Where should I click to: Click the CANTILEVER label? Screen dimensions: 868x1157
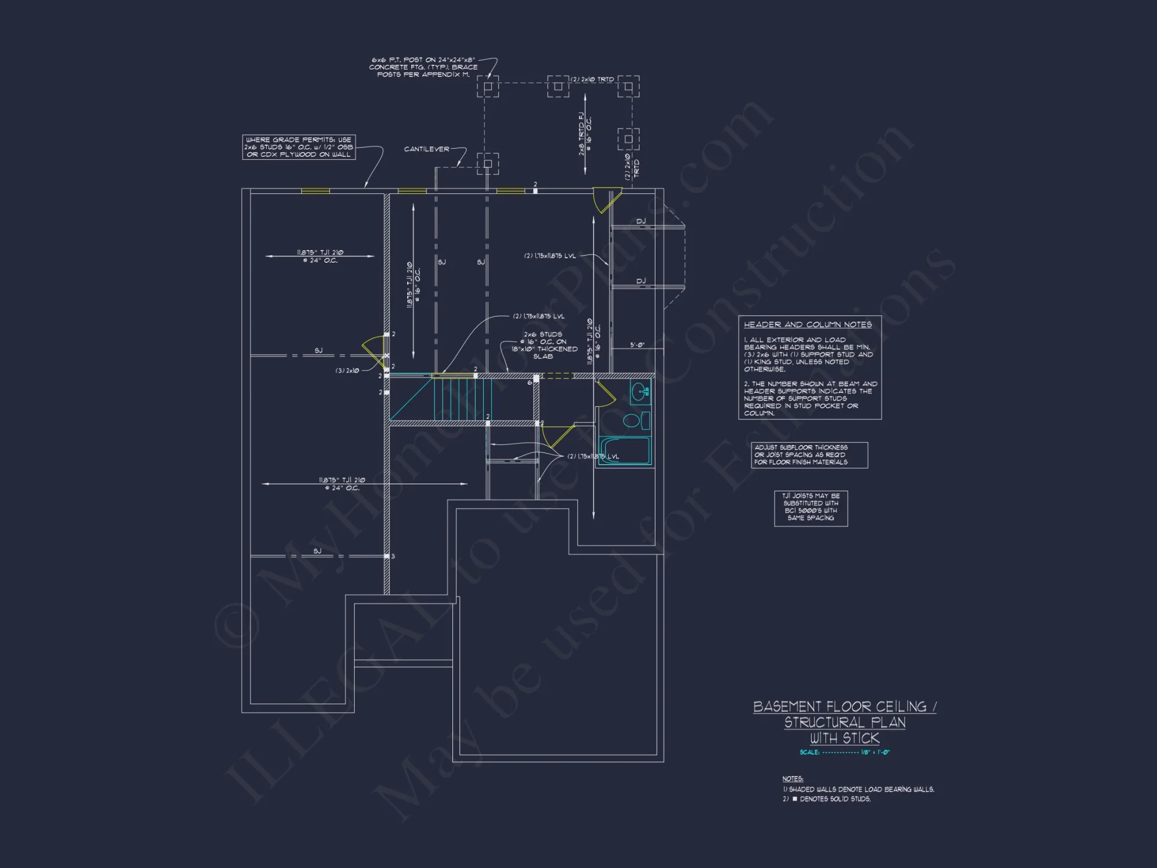click(x=426, y=149)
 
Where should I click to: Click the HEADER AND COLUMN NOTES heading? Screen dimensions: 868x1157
click(x=808, y=325)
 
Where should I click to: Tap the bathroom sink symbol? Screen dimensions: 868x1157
click(x=640, y=392)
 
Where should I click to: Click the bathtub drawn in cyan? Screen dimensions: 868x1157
click(x=625, y=451)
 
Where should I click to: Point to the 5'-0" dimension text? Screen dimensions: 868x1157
click(x=637, y=345)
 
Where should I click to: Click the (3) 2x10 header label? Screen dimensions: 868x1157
click(x=347, y=370)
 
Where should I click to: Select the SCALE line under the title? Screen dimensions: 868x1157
click(x=845, y=752)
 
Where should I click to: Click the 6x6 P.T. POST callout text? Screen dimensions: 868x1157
click(x=423, y=67)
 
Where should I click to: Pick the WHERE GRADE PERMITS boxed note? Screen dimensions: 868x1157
click(x=299, y=148)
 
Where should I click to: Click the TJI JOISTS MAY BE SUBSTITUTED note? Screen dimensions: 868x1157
click(x=810, y=507)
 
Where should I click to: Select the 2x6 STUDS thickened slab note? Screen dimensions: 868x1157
click(x=544, y=345)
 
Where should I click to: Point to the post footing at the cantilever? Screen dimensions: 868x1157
click(x=488, y=164)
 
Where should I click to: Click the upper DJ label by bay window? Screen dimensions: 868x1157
click(x=641, y=222)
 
